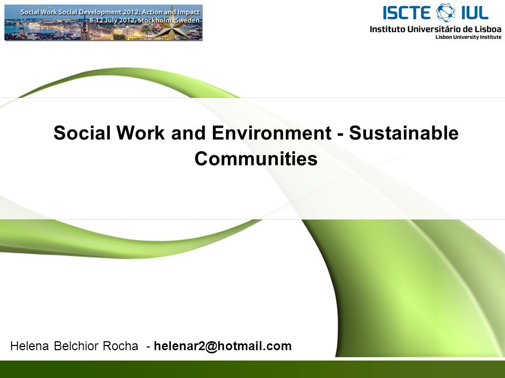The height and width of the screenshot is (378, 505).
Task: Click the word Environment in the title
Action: click(x=271, y=132)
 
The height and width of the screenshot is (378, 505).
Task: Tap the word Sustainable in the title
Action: click(x=404, y=132)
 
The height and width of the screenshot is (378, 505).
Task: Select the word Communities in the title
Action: click(x=256, y=158)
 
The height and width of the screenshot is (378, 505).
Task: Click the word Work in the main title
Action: click(x=141, y=132)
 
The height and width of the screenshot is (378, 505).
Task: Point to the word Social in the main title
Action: click(x=82, y=132)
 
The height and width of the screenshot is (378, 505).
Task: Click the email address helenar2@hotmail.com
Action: click(x=223, y=346)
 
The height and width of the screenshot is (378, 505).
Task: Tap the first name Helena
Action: click(x=29, y=346)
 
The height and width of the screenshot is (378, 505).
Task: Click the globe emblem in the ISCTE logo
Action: click(x=446, y=13)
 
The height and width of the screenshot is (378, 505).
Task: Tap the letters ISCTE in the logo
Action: click(x=407, y=13)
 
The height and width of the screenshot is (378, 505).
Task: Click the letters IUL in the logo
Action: click(x=474, y=13)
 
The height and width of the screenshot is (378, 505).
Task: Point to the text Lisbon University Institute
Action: click(x=468, y=37)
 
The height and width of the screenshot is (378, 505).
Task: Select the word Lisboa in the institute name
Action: click(x=488, y=29)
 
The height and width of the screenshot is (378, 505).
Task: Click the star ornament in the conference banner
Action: click(x=173, y=26)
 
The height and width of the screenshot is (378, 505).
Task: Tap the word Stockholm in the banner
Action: click(x=156, y=20)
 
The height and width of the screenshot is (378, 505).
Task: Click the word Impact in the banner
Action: click(x=188, y=12)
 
